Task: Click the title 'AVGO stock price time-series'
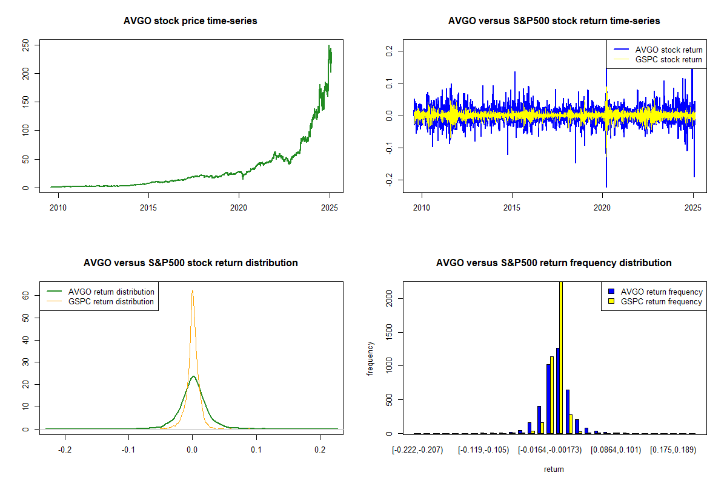tap(190, 21)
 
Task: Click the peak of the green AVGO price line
tap(329, 45)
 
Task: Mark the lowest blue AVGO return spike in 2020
tap(606, 187)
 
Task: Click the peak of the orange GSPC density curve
tap(192, 290)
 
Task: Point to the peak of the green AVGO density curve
tap(193, 376)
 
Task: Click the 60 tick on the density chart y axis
tap(26, 295)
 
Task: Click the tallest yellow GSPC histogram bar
tap(561, 357)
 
